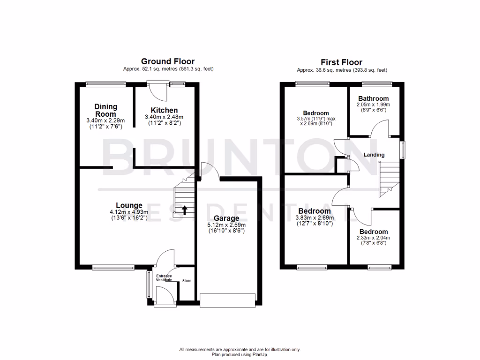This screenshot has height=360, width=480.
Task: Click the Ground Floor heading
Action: (x=168, y=61)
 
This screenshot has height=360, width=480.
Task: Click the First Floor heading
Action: (x=341, y=62)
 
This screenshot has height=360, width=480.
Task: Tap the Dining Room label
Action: (x=105, y=110)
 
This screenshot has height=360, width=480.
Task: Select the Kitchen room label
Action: (x=164, y=110)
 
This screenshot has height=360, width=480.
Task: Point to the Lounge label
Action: (x=129, y=205)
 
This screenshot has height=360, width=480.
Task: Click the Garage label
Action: (x=226, y=218)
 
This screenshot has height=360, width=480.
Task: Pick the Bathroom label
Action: (x=374, y=98)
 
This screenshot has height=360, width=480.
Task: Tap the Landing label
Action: (x=374, y=155)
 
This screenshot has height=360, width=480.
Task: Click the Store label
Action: (x=187, y=281)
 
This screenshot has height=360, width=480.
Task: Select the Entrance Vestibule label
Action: (x=164, y=278)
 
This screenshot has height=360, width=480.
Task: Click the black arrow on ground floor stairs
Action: (x=184, y=210)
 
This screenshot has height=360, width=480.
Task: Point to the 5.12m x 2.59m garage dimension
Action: (x=226, y=225)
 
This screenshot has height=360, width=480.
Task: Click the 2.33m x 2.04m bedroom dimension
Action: (x=374, y=238)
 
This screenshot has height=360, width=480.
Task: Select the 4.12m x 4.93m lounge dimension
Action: (x=129, y=212)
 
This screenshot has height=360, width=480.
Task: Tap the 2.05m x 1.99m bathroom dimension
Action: (x=374, y=105)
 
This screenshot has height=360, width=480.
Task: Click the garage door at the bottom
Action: (x=227, y=300)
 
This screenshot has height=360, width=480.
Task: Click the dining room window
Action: (x=106, y=84)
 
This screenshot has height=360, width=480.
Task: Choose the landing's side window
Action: (x=402, y=150)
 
